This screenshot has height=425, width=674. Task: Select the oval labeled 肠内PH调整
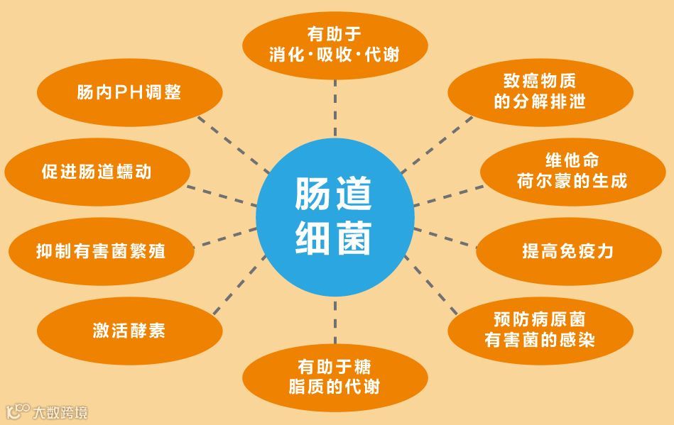coord(129,93)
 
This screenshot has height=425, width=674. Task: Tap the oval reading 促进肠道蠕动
coord(97,172)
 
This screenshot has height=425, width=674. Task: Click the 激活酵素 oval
coord(129,331)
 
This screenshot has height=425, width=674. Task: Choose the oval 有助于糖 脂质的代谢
coord(335,376)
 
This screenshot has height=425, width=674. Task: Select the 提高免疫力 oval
coord(567,251)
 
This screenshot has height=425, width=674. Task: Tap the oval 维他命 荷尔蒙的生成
coord(572,171)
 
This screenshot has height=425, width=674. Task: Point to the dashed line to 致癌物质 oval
coord(437,142)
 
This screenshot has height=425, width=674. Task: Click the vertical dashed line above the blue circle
coord(335,106)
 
